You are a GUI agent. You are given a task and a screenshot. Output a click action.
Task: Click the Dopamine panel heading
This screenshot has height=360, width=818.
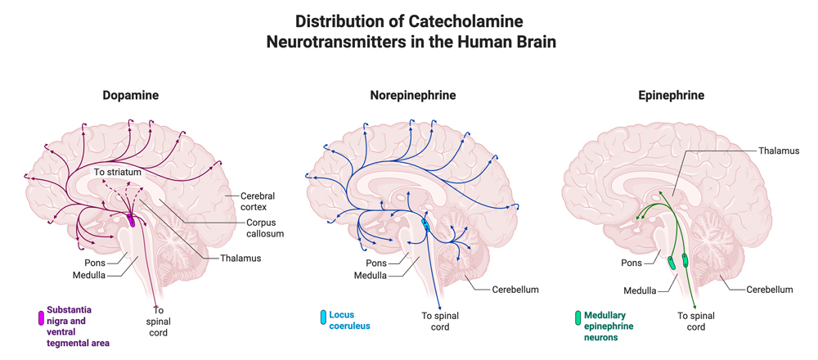(131, 96)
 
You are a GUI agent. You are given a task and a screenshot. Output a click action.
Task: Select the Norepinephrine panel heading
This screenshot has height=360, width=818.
(413, 96)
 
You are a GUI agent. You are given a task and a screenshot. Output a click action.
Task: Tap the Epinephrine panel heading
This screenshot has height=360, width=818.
(671, 96)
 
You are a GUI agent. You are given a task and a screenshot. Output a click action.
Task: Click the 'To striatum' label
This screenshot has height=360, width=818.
(117, 173)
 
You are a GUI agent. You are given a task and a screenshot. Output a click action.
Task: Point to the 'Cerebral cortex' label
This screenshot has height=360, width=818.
(258, 201)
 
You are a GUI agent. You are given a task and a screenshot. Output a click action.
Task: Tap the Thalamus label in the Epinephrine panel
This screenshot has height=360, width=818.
(778, 151)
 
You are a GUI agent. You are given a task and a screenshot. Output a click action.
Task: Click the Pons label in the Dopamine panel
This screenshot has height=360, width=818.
(95, 263)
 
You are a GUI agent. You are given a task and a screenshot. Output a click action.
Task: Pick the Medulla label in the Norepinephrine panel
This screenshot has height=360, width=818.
(371, 275)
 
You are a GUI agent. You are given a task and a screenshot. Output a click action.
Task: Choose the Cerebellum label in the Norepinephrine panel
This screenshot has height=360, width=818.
(515, 290)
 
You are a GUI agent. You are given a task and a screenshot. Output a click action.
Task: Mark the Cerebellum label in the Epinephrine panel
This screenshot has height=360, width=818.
(769, 290)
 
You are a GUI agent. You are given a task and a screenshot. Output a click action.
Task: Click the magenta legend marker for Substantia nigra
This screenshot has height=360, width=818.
(41, 318)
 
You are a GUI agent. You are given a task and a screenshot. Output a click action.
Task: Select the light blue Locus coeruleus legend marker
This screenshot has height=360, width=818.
(323, 317)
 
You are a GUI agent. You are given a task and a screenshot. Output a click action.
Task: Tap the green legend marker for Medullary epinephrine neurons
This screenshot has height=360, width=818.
(578, 317)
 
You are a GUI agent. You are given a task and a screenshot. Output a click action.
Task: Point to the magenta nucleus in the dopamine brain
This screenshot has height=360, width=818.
(131, 220)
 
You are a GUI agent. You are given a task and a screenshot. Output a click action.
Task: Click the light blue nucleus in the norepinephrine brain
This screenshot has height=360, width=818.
(425, 223)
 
